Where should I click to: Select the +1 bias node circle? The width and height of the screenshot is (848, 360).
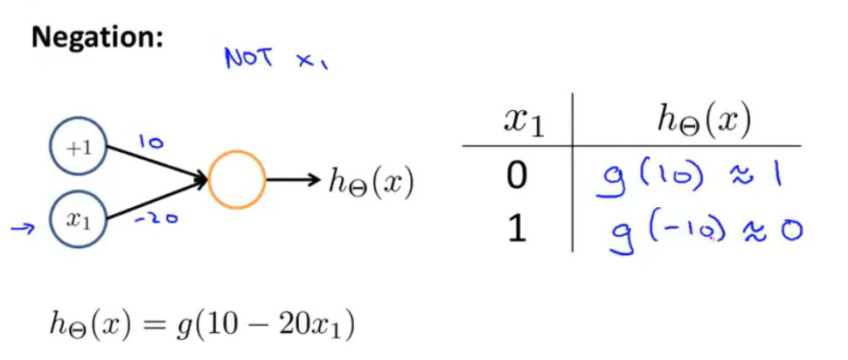(x=80, y=148)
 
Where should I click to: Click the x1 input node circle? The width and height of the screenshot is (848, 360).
(x=80, y=220)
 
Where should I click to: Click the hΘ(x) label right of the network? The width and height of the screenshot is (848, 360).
(x=370, y=182)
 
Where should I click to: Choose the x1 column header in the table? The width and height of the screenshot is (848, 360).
(x=524, y=121)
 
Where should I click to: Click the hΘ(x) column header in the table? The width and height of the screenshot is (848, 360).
(x=703, y=121)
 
